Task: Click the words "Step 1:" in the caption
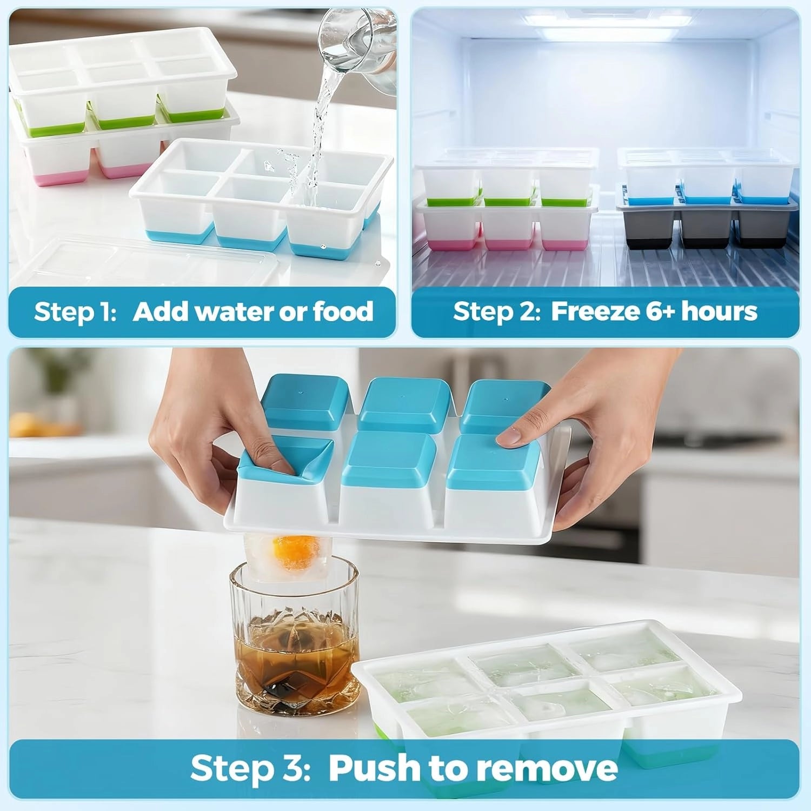point(75,312)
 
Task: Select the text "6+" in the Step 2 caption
point(659,312)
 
